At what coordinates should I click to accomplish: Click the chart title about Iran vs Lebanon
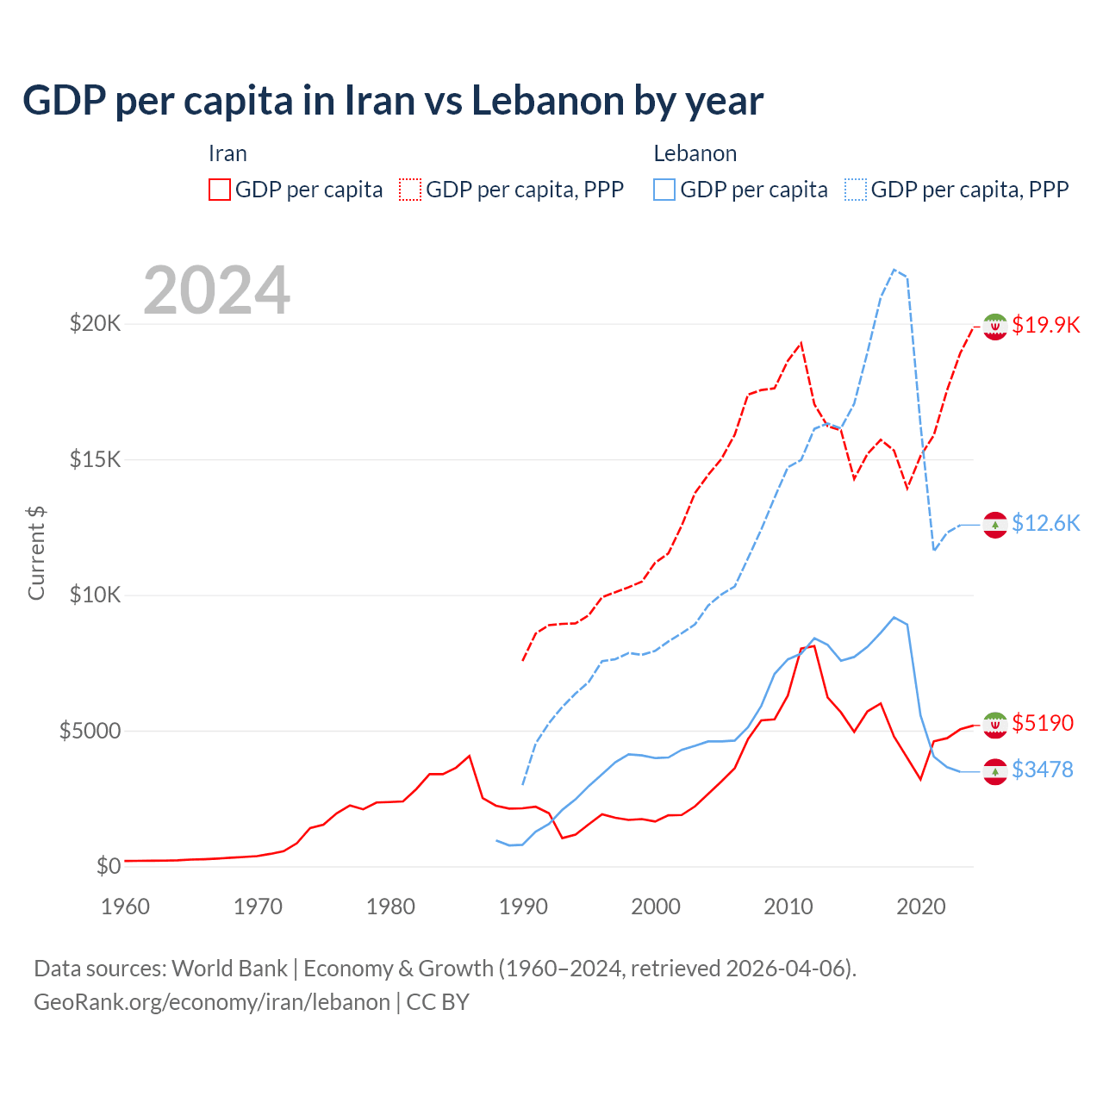[x=393, y=101]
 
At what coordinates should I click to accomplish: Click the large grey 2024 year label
[x=216, y=290]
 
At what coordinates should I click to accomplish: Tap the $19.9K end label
[x=1045, y=325]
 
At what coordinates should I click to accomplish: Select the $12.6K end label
[x=1045, y=523]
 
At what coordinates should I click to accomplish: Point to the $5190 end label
[x=1043, y=722]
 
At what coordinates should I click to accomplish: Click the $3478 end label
[x=1043, y=769]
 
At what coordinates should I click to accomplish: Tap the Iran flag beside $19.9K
[x=995, y=327]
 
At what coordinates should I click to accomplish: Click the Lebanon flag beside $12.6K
[x=995, y=525]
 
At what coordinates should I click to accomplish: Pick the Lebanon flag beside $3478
[x=995, y=771]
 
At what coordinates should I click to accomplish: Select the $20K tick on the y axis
[x=96, y=324]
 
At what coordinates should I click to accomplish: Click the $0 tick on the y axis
[x=109, y=866]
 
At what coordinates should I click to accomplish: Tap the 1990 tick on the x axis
[x=523, y=907]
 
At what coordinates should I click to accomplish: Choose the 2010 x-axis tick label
[x=788, y=907]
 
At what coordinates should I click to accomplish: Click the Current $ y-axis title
[x=36, y=553]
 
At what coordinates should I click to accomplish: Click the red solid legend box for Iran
[x=220, y=190]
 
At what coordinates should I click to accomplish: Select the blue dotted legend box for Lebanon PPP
[x=856, y=190]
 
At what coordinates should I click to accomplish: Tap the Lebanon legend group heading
[x=695, y=153]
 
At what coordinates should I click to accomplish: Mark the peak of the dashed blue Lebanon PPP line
[x=894, y=270]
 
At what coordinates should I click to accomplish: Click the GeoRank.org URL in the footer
[x=212, y=1002]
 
